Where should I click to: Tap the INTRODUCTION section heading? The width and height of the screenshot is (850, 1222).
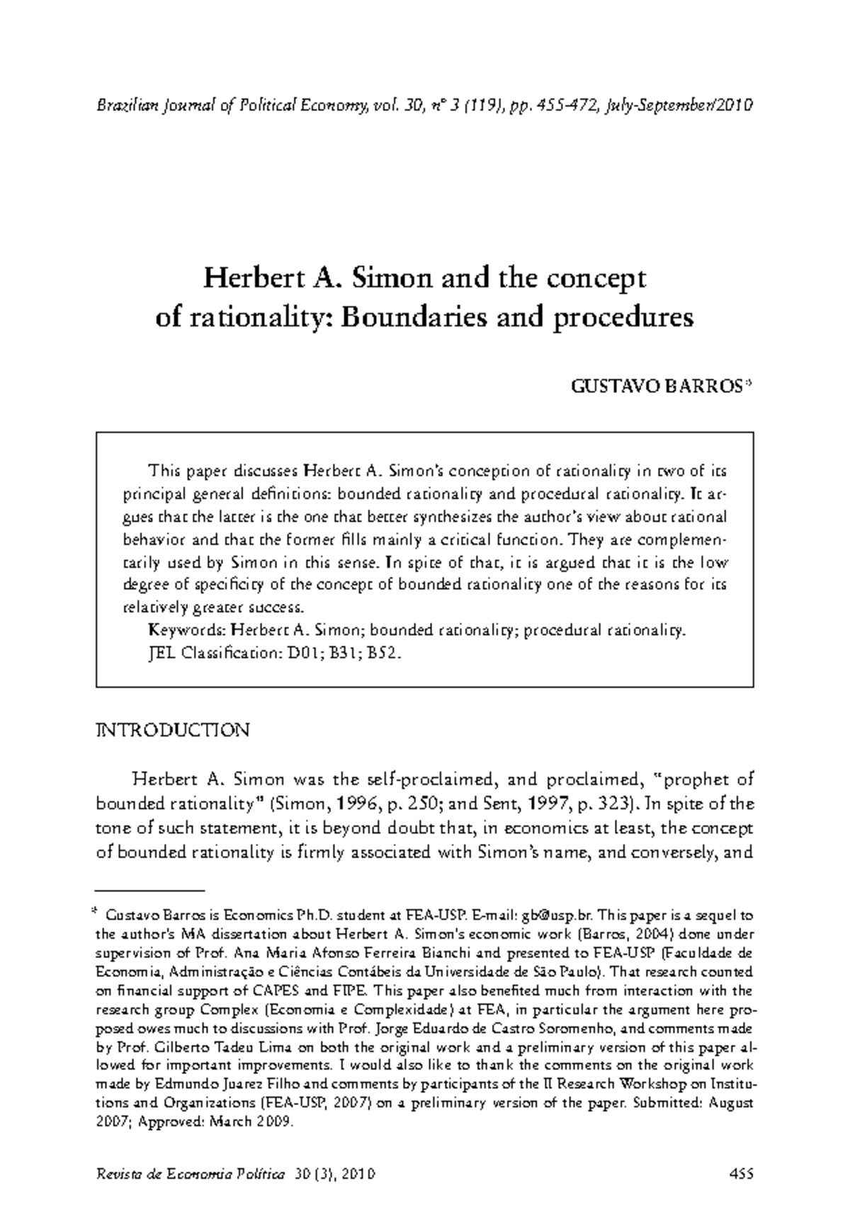pyautogui.click(x=172, y=731)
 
